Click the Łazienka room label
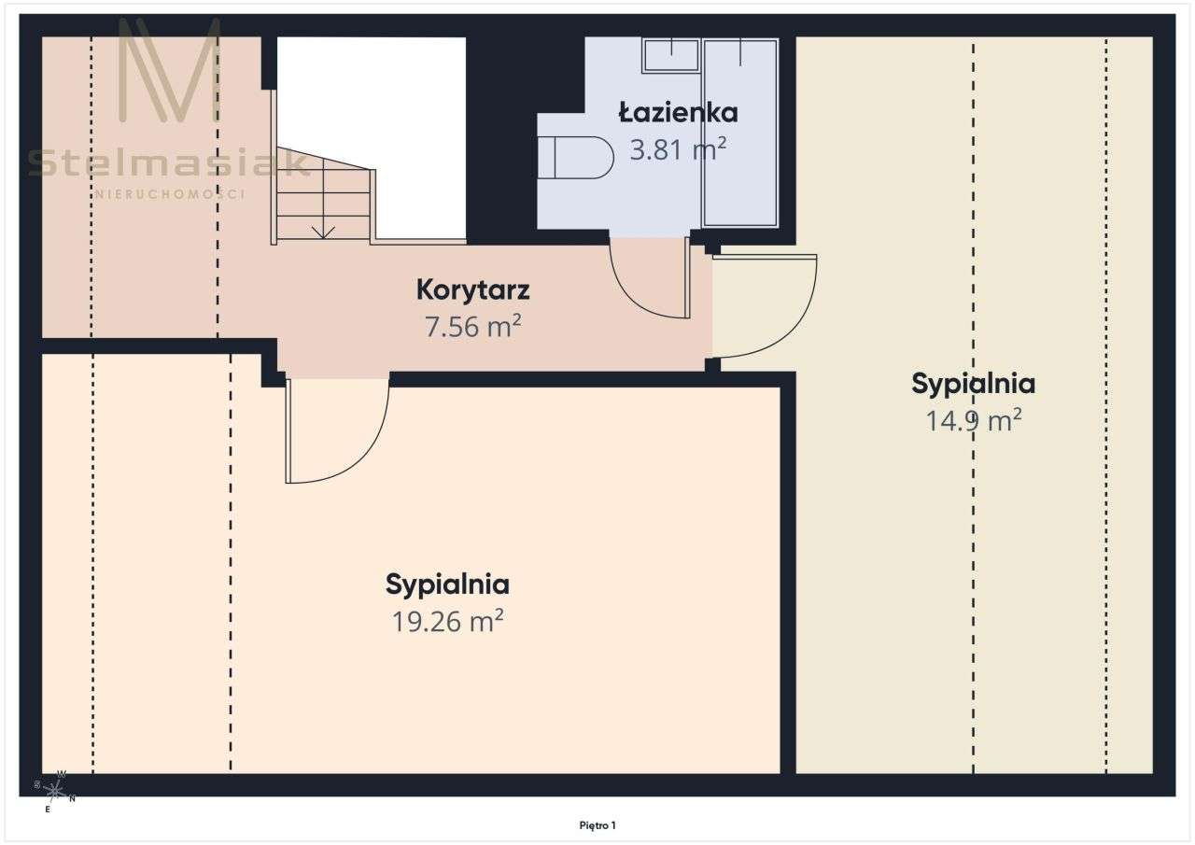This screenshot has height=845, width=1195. click(678, 113)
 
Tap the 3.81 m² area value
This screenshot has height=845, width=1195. click(678, 149)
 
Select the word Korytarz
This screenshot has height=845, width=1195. click(472, 290)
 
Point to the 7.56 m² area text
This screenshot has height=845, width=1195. click(472, 327)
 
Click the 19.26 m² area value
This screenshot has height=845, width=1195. click(447, 621)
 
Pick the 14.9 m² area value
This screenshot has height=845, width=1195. click(974, 421)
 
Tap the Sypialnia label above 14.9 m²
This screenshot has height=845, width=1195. click(974, 384)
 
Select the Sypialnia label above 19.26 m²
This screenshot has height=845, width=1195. click(447, 584)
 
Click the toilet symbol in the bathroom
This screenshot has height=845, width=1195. click(576, 158)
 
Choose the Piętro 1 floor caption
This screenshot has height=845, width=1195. click(597, 825)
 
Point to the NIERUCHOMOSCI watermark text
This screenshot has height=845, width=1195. click(170, 194)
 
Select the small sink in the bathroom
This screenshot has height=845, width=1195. click(670, 55)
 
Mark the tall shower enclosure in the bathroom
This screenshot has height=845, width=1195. click(740, 133)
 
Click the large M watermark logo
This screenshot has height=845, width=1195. click(170, 69)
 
